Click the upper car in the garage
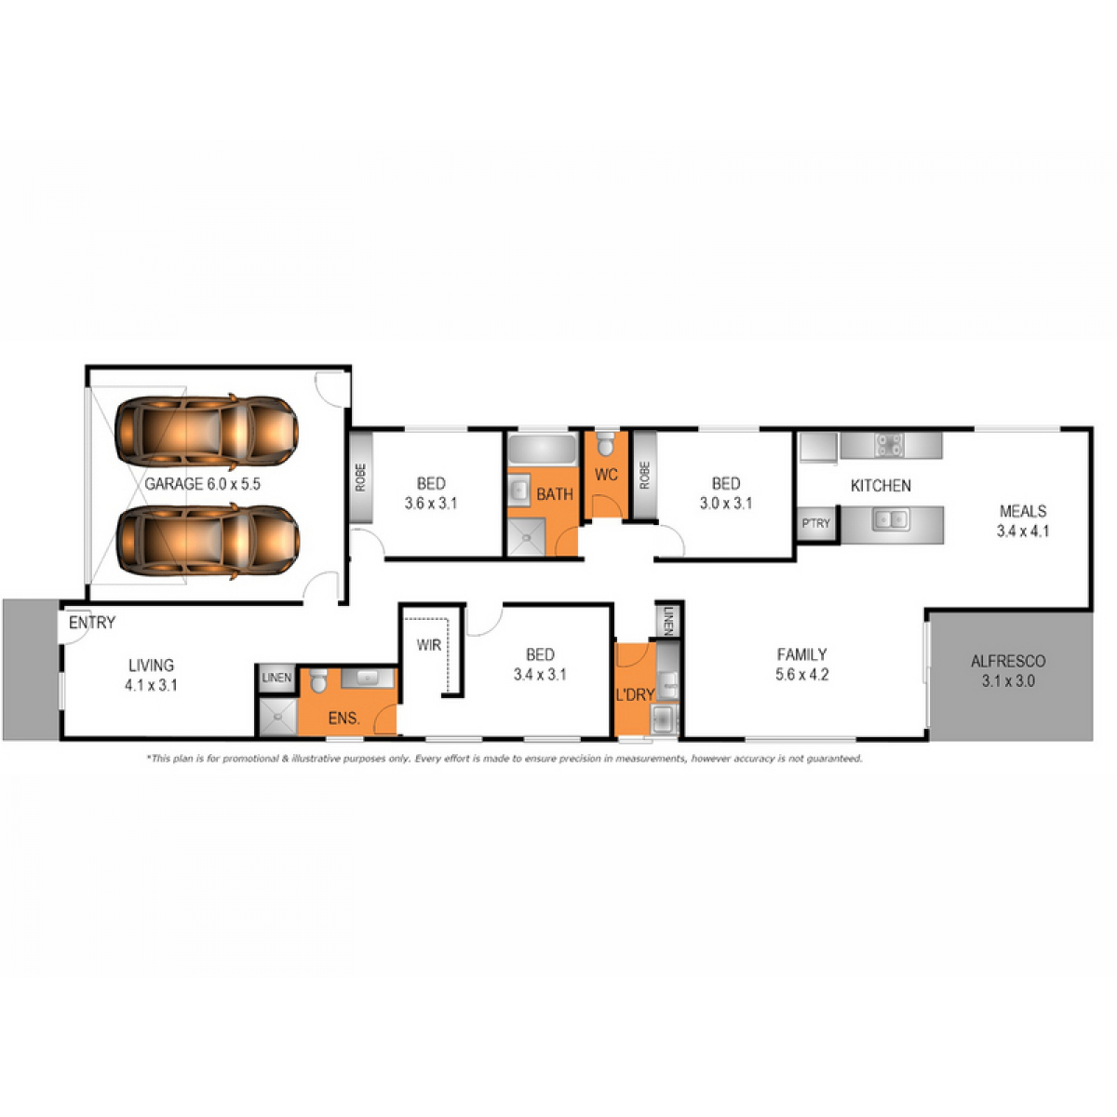coord(206,431)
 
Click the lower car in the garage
coord(207,543)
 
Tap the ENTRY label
coord(92,623)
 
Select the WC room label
coord(606,475)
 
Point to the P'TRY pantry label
coord(815,523)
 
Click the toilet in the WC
coord(606,440)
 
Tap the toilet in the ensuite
coord(317,683)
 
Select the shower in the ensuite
coord(276,718)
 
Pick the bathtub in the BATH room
coord(543,450)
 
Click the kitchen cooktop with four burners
coord(890,446)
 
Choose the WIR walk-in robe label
coord(428,645)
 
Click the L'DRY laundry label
coord(635,694)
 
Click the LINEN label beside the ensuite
coord(276,678)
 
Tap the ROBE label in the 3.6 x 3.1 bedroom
coord(360,478)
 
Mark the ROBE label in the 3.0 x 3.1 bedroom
coord(644,476)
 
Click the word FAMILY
coord(801,654)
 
